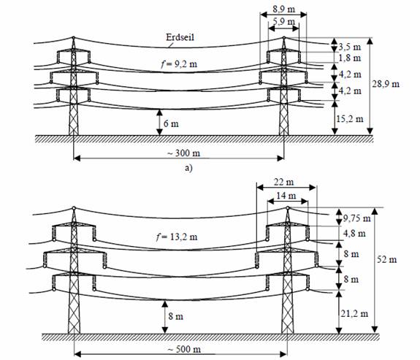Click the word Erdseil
point(180,37)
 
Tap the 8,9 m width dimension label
point(283,9)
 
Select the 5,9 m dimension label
point(283,21)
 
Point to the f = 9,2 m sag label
point(179,64)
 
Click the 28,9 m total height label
point(386,84)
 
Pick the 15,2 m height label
point(350,118)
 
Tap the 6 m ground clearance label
point(171,123)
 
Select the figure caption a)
point(188,168)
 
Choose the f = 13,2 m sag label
point(177,237)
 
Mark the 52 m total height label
point(387,259)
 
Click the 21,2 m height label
point(354,313)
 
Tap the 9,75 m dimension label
point(357,218)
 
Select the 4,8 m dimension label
point(354,233)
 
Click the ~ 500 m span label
point(184,349)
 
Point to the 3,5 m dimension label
point(350,47)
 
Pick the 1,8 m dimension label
point(350,58)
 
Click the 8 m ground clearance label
point(176,316)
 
